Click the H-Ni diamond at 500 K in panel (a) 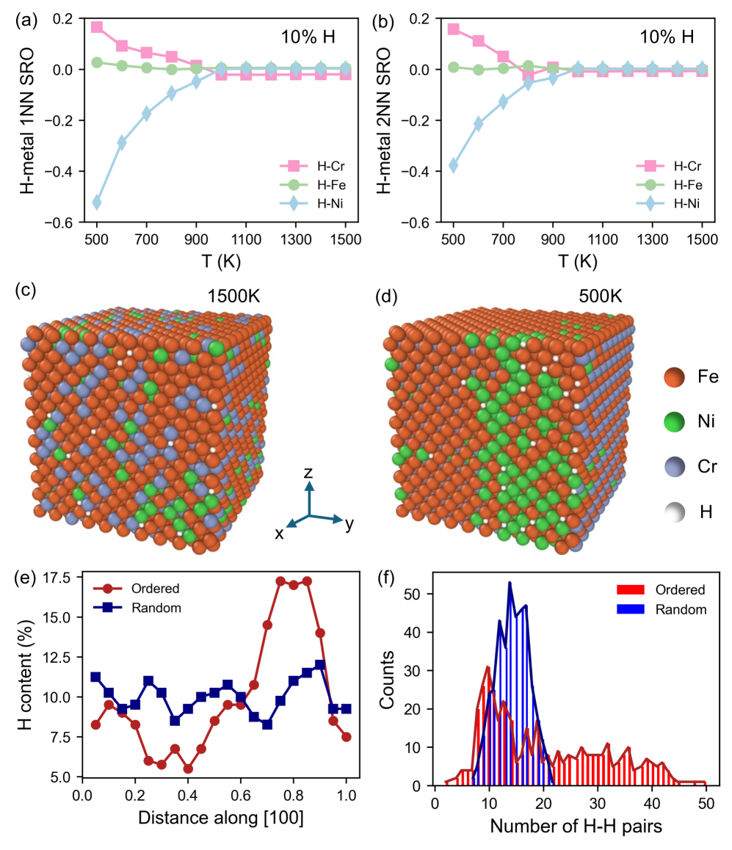(96, 202)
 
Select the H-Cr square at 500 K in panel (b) (453, 29)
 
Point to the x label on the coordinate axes (280, 534)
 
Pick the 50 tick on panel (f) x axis (705, 803)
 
